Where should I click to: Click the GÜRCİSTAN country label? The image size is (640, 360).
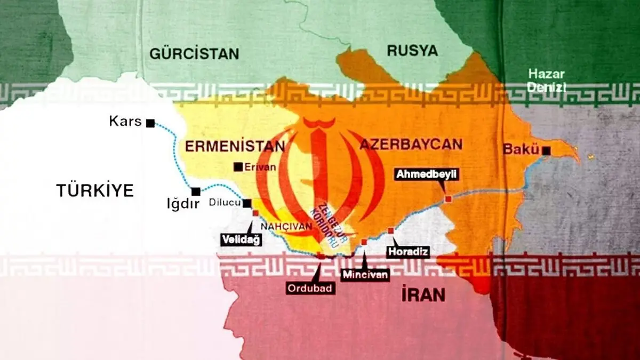pos(194,53)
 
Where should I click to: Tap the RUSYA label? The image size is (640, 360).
pos(412,51)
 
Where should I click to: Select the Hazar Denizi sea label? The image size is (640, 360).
pos(547,81)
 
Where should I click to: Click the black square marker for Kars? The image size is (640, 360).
pos(150,123)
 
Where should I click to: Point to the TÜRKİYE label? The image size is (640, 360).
pos(95,190)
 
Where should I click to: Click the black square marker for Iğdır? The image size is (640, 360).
pos(196,191)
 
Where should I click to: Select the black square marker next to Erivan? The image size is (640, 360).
pos(238,167)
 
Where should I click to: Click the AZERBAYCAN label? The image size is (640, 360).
pos(410,145)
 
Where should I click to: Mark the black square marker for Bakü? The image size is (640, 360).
pos(546,150)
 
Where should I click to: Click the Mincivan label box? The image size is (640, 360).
pos(365,275)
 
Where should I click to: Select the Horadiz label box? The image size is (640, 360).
pos(409,251)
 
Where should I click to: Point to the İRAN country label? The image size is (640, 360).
pos(423,294)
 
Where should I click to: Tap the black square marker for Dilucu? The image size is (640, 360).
pos(247,203)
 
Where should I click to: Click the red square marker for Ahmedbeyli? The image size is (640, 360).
pos(449,198)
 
